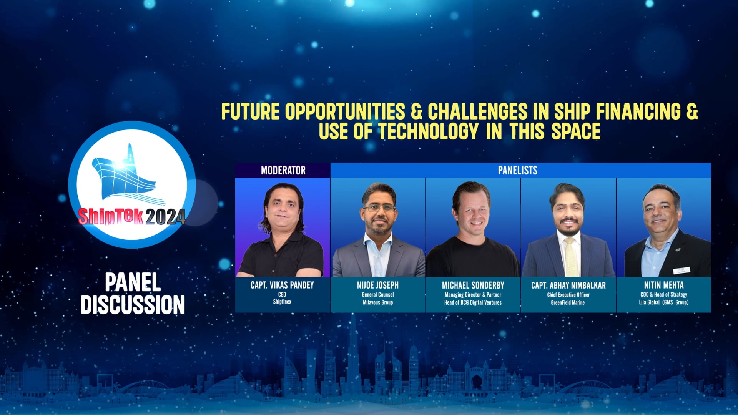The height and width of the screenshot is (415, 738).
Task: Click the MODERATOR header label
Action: click(x=283, y=170)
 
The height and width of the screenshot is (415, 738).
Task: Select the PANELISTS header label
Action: click(x=517, y=170)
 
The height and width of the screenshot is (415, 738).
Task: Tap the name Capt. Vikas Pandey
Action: click(x=282, y=285)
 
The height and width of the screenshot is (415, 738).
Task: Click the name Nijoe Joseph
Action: click(x=377, y=285)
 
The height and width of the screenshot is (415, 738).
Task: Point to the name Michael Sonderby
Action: click(x=473, y=285)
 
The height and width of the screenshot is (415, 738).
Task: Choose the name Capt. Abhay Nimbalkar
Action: click(x=568, y=285)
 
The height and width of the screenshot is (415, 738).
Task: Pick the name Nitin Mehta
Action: click(x=664, y=285)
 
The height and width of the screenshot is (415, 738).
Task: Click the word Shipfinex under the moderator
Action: click(x=282, y=302)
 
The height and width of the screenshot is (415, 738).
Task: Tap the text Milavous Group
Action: click(x=377, y=302)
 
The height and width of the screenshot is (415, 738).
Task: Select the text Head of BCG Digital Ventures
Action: click(x=473, y=302)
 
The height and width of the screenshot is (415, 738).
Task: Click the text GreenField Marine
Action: click(x=568, y=302)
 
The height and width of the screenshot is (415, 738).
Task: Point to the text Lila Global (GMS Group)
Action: click(x=664, y=302)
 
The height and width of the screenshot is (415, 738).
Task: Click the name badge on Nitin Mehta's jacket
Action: click(x=682, y=270)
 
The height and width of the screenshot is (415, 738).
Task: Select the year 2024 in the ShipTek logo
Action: click(x=165, y=217)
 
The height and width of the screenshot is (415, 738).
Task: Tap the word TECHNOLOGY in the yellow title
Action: click(x=429, y=131)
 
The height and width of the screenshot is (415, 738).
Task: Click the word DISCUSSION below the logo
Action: click(x=133, y=305)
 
